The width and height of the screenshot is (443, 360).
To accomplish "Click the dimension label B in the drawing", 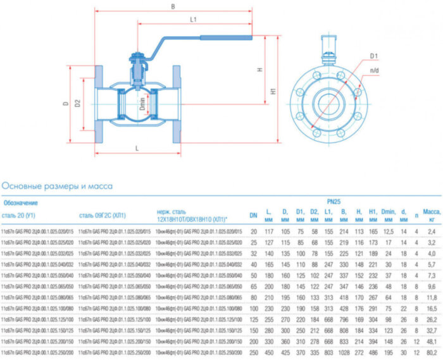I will pos(173,7).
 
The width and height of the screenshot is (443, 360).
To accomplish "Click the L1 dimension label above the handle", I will pos(194,20).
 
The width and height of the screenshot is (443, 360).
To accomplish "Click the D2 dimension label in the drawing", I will pos(78,102).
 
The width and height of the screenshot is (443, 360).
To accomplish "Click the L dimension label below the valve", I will pos(137,147).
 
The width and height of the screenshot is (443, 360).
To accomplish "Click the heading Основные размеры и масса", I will pos(57,186).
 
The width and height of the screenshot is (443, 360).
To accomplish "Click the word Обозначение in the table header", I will pos(20,203).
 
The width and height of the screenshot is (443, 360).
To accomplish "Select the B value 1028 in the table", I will pos(344,352).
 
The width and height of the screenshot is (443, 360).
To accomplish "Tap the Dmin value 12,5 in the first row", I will pos(388,232).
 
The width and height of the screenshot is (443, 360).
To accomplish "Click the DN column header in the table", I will pos(253,215).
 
